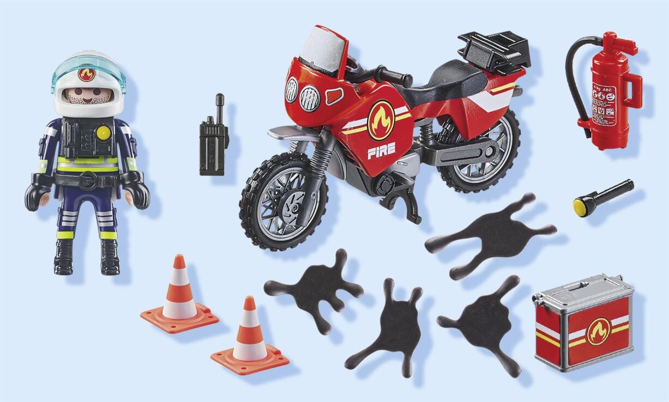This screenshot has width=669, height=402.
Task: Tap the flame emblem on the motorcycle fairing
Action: point(381,120)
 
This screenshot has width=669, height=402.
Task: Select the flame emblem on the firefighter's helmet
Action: point(86,74)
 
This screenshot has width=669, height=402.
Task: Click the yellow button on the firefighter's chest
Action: point(103,131)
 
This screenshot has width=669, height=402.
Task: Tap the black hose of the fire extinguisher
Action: point(572,82)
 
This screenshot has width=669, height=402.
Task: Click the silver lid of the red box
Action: point(582,288)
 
